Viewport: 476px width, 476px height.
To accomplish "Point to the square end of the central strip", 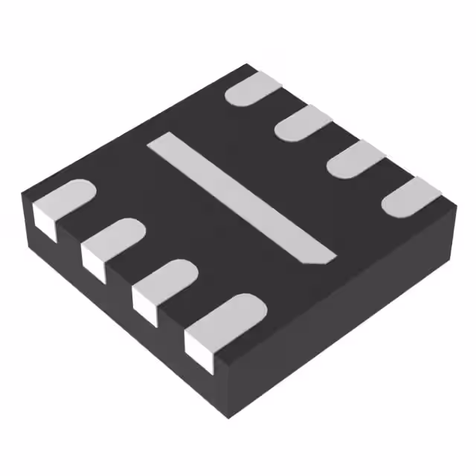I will point(161,141).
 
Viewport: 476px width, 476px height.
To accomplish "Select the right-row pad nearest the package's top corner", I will point(253,90).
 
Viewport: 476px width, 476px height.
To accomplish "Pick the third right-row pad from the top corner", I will point(356,159).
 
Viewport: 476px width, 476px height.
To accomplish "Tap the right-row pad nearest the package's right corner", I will point(411,196).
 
